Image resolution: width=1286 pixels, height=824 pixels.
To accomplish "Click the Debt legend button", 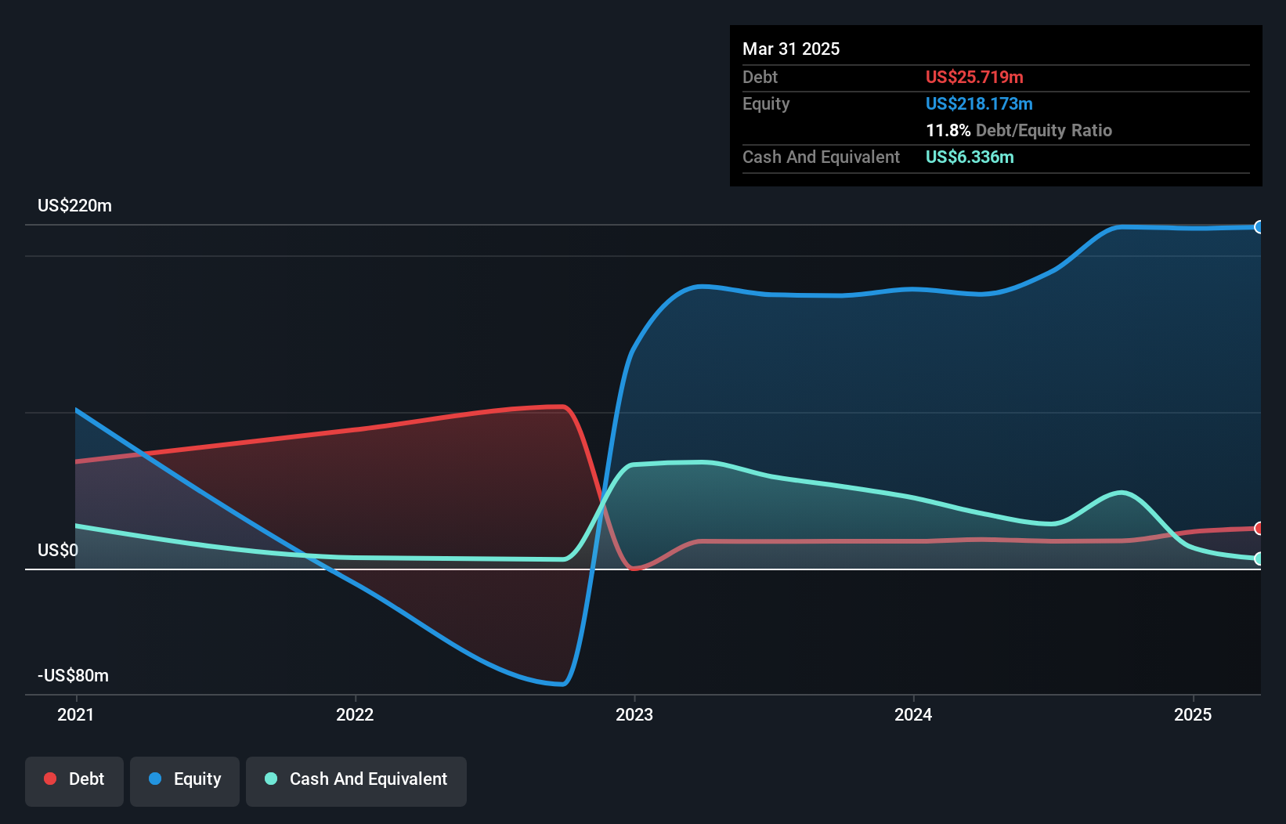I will click(74, 780).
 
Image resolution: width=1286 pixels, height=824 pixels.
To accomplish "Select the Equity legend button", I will click(185, 780).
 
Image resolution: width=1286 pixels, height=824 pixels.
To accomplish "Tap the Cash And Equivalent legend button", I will click(356, 780).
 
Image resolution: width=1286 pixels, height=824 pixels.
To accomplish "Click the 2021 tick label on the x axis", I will click(76, 714).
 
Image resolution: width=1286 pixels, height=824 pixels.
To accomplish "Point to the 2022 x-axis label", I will click(355, 714).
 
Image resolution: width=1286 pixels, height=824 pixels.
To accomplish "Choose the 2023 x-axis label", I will click(634, 714).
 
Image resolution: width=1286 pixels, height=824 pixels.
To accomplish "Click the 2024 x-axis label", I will click(913, 714).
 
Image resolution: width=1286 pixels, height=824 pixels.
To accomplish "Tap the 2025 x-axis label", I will click(1193, 714).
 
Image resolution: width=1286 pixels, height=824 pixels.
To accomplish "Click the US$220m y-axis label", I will click(74, 206).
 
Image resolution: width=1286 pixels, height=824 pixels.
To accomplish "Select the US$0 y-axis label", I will click(58, 551).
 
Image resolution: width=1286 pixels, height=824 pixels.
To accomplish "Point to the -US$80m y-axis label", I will click(73, 676).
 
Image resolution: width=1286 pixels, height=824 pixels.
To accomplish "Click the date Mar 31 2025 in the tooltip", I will click(791, 49).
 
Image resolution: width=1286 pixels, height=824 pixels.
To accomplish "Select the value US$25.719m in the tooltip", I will click(974, 78).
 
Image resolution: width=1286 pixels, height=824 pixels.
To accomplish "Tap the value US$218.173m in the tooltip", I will click(979, 104).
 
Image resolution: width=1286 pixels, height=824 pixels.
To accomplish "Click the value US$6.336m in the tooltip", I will click(970, 157).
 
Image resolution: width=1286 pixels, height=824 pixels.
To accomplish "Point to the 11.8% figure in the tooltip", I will click(948, 131).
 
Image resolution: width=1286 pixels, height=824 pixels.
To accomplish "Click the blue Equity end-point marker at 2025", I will click(1259, 227).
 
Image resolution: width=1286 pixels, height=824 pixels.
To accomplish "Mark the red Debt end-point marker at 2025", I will click(1259, 529).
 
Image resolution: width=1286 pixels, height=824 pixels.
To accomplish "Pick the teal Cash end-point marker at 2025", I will click(1259, 558).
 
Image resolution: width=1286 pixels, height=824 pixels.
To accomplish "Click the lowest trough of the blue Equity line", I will click(562, 684).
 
